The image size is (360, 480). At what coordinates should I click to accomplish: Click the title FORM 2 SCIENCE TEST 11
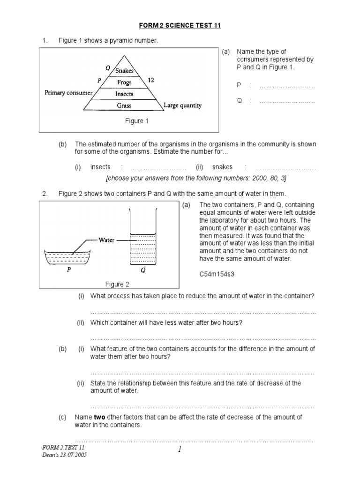point(180,26)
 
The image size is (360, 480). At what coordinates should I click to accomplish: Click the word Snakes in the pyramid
point(125,71)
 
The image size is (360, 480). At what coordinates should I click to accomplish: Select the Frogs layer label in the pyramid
point(125,82)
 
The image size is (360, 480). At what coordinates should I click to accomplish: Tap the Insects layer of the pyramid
point(124,94)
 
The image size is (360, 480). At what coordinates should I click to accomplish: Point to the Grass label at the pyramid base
point(124,105)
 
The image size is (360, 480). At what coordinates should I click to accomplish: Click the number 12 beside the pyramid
point(151,80)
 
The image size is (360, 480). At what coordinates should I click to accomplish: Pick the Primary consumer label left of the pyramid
point(68,93)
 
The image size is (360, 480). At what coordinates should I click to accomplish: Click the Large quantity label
point(183,105)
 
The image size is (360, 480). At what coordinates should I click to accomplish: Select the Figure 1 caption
point(136,121)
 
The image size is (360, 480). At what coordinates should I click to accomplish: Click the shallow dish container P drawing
point(67,258)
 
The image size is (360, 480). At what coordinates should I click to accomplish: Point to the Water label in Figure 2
point(106,240)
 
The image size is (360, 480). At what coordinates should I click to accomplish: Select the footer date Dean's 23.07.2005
point(64,455)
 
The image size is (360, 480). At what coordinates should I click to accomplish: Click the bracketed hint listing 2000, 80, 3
point(196,179)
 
